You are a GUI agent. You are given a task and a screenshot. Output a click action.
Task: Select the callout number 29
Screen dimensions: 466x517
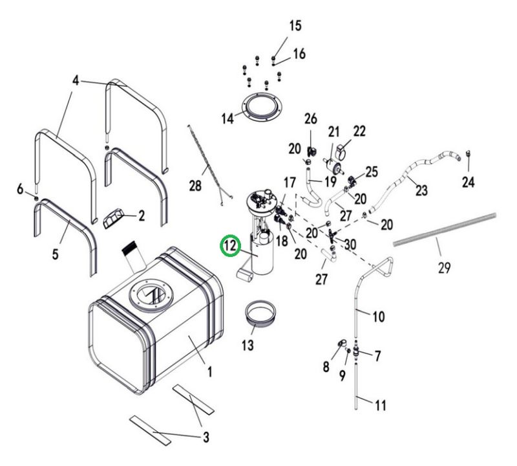(x=443, y=267)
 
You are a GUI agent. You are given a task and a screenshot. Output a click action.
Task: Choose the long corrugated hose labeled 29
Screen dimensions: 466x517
(x=446, y=230)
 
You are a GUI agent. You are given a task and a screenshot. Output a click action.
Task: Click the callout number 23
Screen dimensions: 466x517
(x=421, y=191)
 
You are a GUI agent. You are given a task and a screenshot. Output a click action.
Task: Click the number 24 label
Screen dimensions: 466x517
(x=468, y=183)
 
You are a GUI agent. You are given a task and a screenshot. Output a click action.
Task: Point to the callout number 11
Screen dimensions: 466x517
(x=380, y=406)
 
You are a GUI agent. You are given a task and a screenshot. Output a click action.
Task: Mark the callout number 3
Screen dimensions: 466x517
(x=206, y=437)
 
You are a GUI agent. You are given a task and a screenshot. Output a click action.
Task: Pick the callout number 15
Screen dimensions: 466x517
(x=295, y=26)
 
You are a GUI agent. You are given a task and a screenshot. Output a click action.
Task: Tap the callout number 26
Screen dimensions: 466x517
(x=311, y=120)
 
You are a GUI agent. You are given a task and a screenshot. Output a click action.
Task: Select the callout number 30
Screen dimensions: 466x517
(x=350, y=243)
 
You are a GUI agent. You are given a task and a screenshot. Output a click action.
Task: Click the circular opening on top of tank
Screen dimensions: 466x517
(x=150, y=295)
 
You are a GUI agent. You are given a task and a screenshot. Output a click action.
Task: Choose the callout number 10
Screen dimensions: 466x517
(x=379, y=316)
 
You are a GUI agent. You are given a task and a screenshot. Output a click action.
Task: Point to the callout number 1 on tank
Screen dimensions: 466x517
(x=209, y=373)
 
